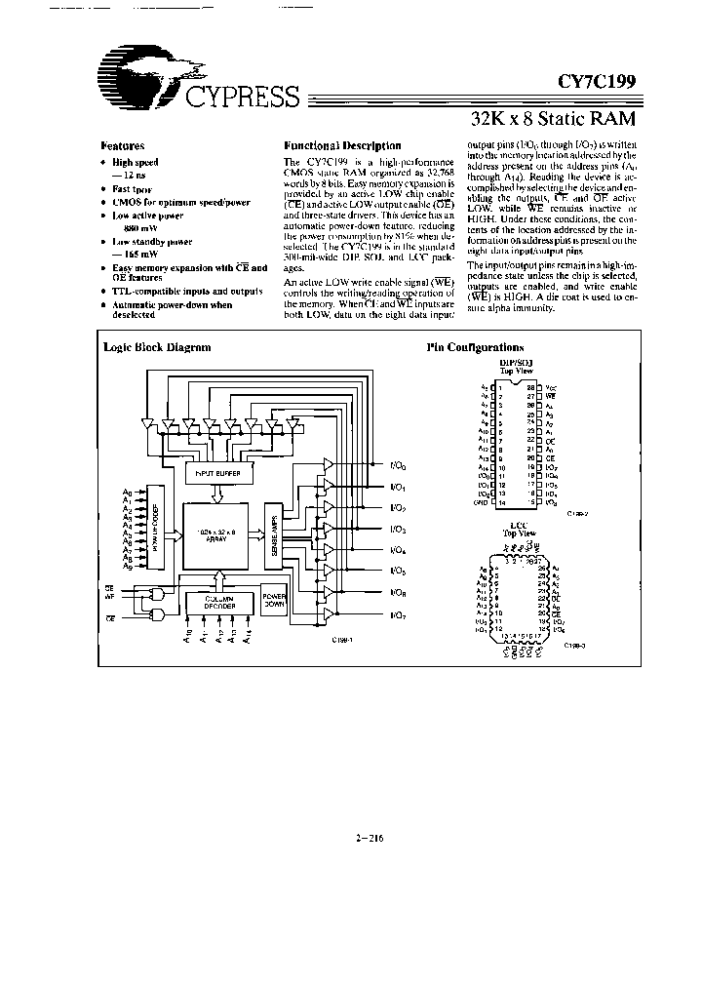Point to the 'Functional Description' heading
(329, 145)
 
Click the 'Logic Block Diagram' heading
(157, 347)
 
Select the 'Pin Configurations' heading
(475, 347)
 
